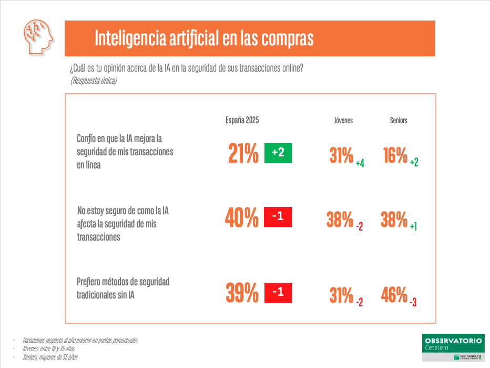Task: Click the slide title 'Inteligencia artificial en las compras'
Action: coord(204,38)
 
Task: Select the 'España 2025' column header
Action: coord(242,120)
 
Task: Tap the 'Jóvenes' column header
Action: coord(343,120)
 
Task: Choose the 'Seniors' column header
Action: coord(399,120)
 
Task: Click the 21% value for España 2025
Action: coord(243,153)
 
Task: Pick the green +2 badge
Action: coord(278,153)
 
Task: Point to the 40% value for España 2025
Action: coord(242,217)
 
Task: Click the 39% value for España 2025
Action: coord(242,293)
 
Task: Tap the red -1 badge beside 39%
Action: coord(278,292)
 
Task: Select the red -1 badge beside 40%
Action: coord(278,216)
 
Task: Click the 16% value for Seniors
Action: coord(395,155)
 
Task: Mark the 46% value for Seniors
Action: coord(394,295)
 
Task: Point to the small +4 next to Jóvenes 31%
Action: coord(360,164)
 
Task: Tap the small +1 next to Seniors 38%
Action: coord(414,226)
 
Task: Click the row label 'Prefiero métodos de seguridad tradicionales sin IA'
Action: coord(123,289)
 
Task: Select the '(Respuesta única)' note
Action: coord(94,81)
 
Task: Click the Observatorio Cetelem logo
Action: coord(452,346)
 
